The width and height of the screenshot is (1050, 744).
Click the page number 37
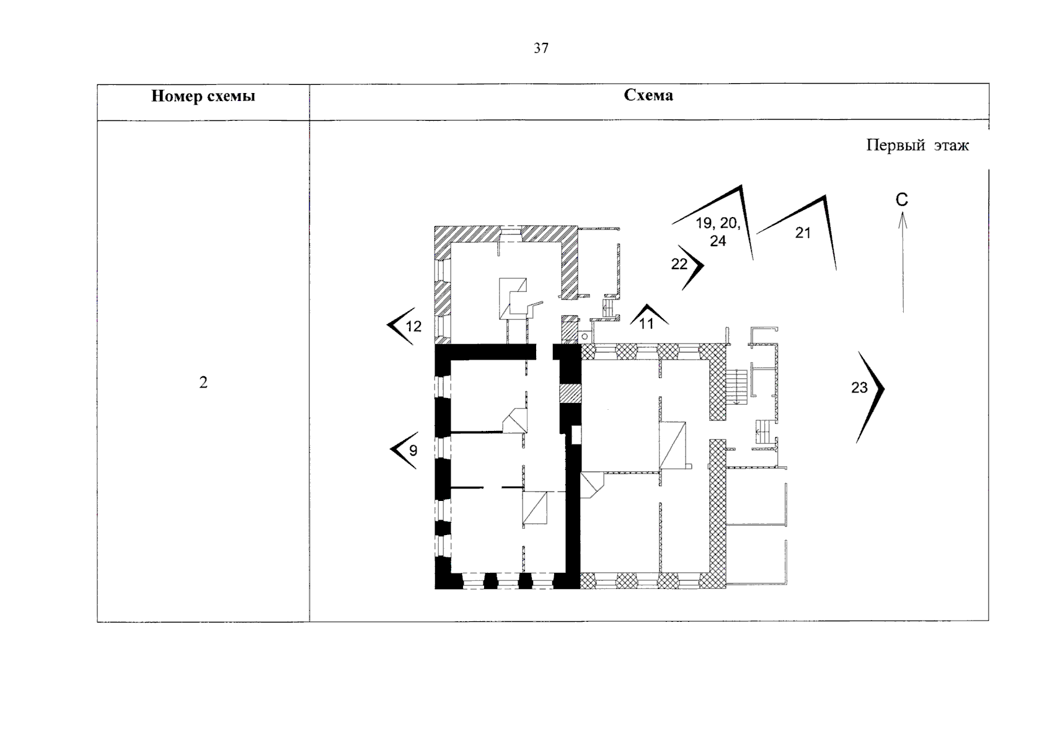tap(541, 48)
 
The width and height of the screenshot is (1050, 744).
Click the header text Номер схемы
tap(203, 96)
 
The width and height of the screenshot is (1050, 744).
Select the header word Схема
tap(648, 95)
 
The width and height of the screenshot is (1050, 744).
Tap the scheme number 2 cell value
tap(203, 383)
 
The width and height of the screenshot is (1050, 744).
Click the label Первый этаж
tap(917, 145)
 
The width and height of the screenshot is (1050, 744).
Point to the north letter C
tap(902, 200)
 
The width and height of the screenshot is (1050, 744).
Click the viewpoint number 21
tap(803, 232)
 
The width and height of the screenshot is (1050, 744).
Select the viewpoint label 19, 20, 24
tap(718, 232)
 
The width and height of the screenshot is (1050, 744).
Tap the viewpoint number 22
tap(679, 264)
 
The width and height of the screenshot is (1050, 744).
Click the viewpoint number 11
tap(646, 324)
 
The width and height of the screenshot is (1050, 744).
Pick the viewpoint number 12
tap(413, 326)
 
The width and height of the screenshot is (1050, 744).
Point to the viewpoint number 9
tap(413, 451)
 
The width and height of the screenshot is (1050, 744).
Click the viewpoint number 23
tap(859, 387)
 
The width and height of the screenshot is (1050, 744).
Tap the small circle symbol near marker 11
tap(585, 337)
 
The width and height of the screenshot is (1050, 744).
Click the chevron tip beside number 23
tap(884, 388)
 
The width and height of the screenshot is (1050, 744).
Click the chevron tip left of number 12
tap(387, 324)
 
